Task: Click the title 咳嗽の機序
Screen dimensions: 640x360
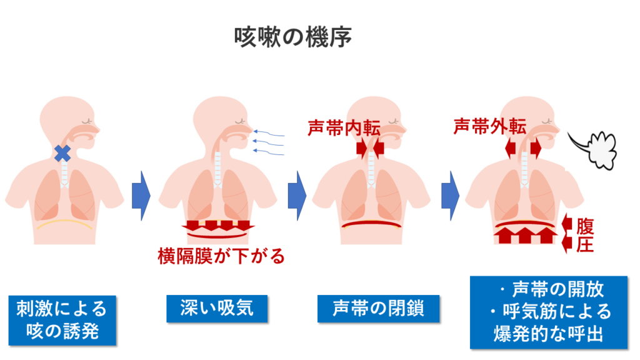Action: point(292,37)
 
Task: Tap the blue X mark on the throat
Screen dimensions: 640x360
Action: point(62,154)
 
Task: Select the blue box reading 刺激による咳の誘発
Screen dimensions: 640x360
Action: point(62,320)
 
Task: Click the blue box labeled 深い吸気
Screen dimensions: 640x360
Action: point(217,309)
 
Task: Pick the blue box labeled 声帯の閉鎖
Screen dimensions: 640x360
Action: point(378,309)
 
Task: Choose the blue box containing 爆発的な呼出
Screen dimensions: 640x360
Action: point(549,312)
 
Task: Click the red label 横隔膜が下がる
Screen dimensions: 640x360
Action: point(221,256)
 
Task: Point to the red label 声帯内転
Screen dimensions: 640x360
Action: point(344,128)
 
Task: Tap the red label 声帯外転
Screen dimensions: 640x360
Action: point(490,126)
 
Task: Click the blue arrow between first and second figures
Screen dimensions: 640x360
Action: point(141,196)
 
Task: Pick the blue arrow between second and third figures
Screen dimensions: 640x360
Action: point(297,196)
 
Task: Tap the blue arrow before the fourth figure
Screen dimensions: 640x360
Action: point(450,196)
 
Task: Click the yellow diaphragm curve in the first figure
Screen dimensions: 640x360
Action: point(64,222)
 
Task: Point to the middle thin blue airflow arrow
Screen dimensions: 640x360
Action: point(268,142)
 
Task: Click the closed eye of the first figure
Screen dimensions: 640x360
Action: point(87,121)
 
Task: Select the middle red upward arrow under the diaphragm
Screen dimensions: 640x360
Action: point(525,235)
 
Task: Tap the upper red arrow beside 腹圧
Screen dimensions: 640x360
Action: point(567,223)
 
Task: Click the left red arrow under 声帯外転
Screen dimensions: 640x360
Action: point(510,147)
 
